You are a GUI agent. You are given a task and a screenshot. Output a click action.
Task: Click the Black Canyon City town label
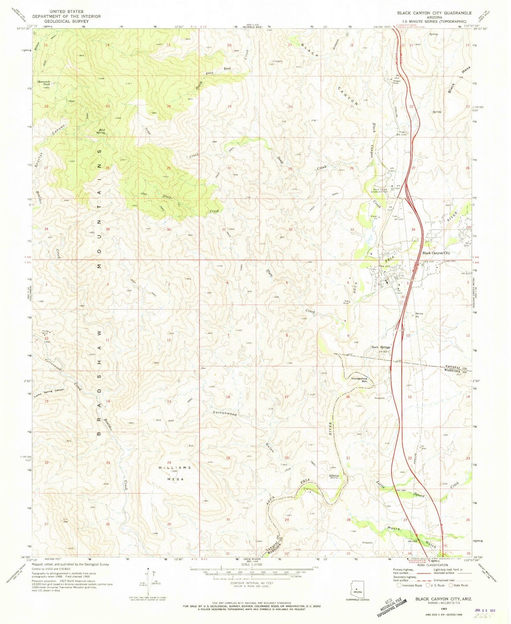pos(436,253)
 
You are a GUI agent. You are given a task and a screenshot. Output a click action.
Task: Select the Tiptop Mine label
pos(44,333)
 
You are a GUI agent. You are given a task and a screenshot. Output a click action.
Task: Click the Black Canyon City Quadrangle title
pos(434,13)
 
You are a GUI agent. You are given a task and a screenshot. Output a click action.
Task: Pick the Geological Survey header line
pos(66,21)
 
